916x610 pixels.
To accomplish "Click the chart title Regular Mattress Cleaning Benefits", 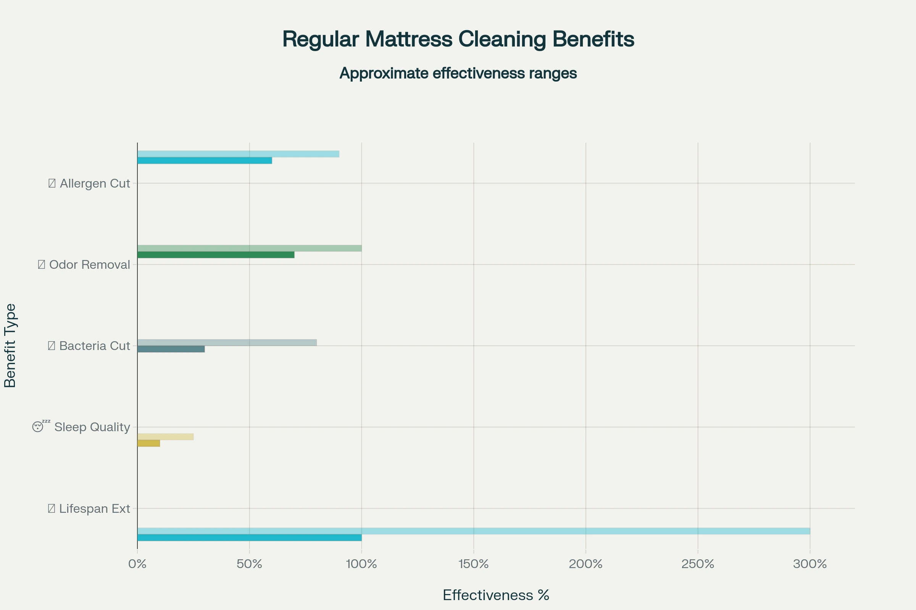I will click(x=458, y=39).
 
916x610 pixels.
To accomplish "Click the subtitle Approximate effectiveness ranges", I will click(x=458, y=73).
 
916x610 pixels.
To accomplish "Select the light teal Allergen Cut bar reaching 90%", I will click(x=238, y=154).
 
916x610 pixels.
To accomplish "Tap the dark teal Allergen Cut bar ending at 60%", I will click(x=205, y=161).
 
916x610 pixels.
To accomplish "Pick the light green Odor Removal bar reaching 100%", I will click(x=249, y=248).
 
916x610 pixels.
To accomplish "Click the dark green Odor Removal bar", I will click(x=216, y=255).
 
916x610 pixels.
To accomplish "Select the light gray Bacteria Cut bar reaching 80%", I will click(x=227, y=342).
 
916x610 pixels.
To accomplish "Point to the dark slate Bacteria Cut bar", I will click(x=171, y=349).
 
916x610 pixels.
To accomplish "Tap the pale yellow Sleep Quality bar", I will click(x=166, y=437).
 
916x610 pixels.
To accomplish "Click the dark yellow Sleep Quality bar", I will click(x=149, y=443).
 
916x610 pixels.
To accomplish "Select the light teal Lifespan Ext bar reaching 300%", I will click(x=474, y=531).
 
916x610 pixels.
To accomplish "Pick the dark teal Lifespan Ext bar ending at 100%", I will click(x=249, y=538).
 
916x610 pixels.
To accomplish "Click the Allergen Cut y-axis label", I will click(x=90, y=183).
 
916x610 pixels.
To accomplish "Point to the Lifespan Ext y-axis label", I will click(x=90, y=509).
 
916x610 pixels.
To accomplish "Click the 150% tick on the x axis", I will click(x=474, y=564).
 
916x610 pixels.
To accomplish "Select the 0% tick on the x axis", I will click(x=137, y=564).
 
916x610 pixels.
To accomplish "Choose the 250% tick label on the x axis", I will click(x=698, y=564).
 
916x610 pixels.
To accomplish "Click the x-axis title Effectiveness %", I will click(x=496, y=595).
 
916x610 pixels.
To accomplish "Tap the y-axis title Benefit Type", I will click(x=10, y=345).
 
